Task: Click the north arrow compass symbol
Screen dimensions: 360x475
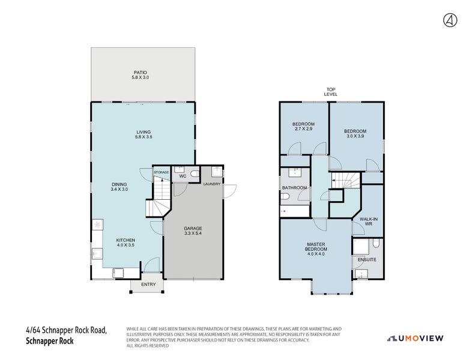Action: pyautogui.click(x=450, y=20)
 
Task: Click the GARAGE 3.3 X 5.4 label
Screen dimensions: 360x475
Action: pyautogui.click(x=193, y=231)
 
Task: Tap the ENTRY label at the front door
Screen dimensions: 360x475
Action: pyautogui.click(x=147, y=284)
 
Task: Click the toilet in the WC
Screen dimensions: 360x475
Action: pyautogui.click(x=194, y=175)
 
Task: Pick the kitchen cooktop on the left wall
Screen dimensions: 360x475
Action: pyautogui.click(x=97, y=226)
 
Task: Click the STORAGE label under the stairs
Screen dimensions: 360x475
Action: pyautogui.click(x=162, y=173)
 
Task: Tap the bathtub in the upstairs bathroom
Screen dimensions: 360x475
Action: pyautogui.click(x=295, y=211)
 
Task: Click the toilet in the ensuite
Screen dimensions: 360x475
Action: pyautogui.click(x=377, y=243)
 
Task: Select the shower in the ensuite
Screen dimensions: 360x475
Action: pyautogui.click(x=361, y=247)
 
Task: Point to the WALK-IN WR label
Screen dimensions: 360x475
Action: pyautogui.click(x=368, y=221)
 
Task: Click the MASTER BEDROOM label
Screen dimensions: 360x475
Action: pyautogui.click(x=316, y=248)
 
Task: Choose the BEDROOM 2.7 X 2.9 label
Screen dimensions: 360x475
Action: pyautogui.click(x=303, y=127)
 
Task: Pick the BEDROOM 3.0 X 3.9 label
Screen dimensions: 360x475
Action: pyautogui.click(x=355, y=133)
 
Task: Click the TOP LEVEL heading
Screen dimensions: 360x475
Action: pyautogui.click(x=331, y=92)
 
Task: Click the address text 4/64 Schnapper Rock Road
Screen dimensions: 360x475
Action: pyautogui.click(x=66, y=329)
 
